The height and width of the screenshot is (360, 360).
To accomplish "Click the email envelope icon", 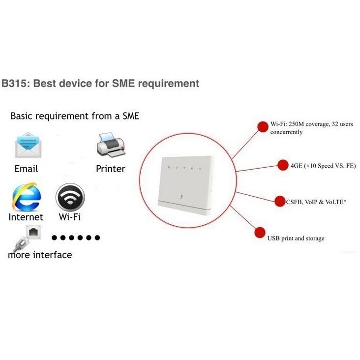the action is coord(27,145).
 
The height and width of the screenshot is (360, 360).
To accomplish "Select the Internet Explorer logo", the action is coord(26,197).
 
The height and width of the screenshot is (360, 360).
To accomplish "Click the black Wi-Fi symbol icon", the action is coord(69,197).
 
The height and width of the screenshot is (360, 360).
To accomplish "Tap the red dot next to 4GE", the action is coord(283,166).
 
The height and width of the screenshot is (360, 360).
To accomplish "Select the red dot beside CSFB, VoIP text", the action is coord(280,201).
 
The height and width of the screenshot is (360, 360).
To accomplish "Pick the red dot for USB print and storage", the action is coord(260,232).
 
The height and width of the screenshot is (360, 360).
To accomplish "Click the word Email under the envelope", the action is coord(26,169).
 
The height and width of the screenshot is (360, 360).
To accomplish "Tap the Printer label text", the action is coord(111,169).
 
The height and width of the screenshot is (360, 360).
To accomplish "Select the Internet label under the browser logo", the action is coord(26,217).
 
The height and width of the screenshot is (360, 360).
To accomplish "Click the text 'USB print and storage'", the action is coord(296,239).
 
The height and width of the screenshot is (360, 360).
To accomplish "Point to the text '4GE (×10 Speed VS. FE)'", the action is coord(323,166).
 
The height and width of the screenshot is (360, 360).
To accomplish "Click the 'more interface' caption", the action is coord(40,255).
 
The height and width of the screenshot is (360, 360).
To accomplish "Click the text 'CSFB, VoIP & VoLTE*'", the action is coord(317,201).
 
